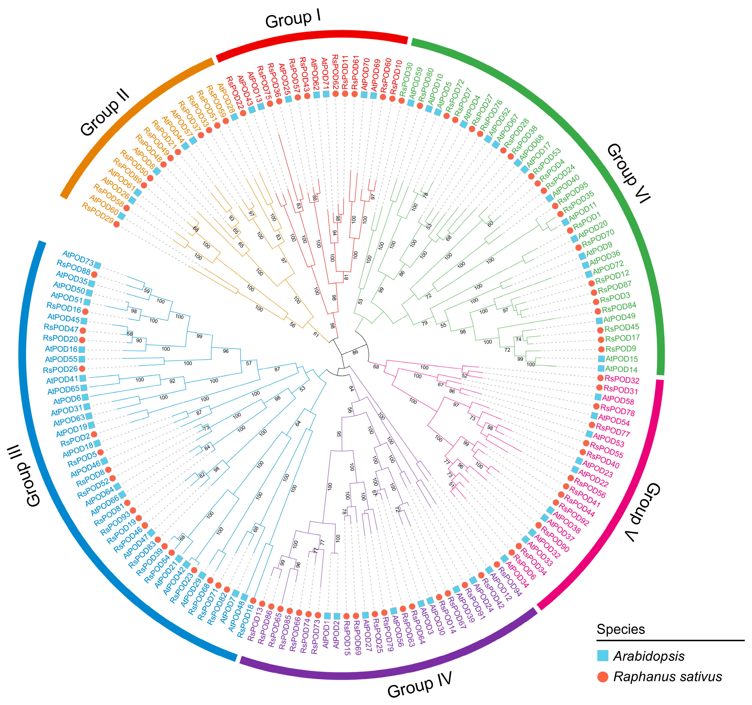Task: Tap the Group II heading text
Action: [x=105, y=113]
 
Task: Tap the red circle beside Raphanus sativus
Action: [x=603, y=677]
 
